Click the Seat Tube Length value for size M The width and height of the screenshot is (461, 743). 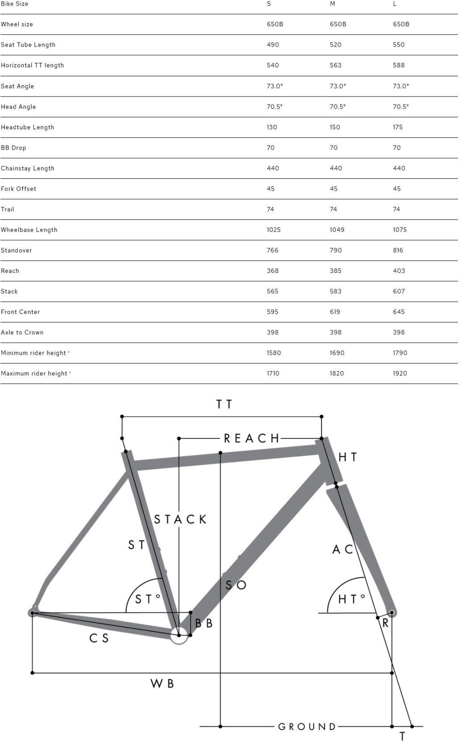(336, 45)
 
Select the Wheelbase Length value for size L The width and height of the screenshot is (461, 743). (400, 230)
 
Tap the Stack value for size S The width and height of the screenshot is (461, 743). (272, 291)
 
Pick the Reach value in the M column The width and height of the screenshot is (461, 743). (336, 271)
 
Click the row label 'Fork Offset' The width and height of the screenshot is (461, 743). (18, 189)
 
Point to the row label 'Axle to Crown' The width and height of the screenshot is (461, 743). (22, 332)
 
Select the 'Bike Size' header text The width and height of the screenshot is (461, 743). (14, 4)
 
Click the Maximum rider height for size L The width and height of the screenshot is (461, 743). (400, 373)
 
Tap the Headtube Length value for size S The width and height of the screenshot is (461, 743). (272, 127)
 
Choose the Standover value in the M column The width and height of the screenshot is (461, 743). (336, 251)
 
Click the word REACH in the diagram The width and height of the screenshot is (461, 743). (252, 438)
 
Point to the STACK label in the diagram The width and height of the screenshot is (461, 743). (180, 520)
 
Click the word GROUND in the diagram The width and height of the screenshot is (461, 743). (307, 727)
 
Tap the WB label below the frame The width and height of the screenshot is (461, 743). (162, 684)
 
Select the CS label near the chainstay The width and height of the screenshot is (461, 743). (99, 638)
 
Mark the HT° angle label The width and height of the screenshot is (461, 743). (352, 599)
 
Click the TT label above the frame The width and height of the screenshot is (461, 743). (224, 404)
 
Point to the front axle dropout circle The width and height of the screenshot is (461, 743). (392, 613)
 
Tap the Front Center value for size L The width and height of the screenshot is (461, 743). (399, 312)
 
